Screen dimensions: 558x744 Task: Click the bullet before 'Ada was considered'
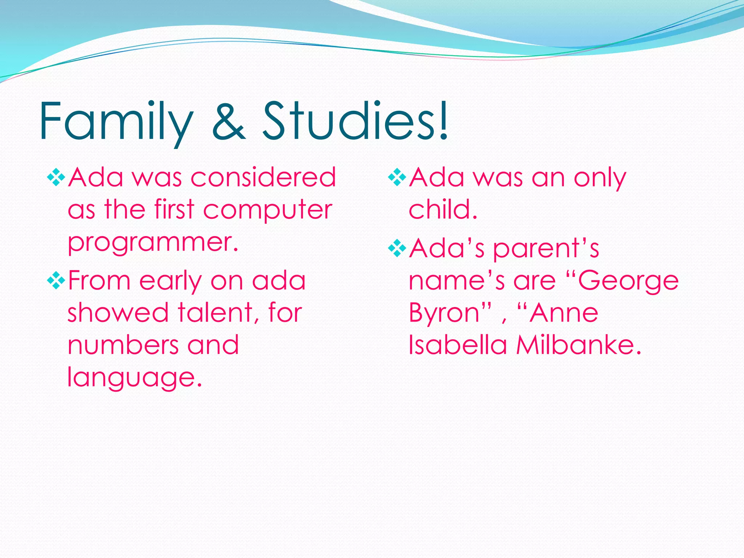coord(56,178)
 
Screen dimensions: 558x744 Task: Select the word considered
coord(263,178)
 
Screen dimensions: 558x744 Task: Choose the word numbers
coord(123,345)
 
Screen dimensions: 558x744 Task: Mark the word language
coord(134,378)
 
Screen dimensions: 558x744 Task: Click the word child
coord(442,210)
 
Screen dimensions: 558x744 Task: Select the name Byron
coord(444,314)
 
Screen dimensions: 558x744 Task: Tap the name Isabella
coord(458,345)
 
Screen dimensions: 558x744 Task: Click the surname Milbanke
coord(579,345)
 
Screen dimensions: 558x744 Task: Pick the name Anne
coord(563,313)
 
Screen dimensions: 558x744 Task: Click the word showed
coord(118,313)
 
